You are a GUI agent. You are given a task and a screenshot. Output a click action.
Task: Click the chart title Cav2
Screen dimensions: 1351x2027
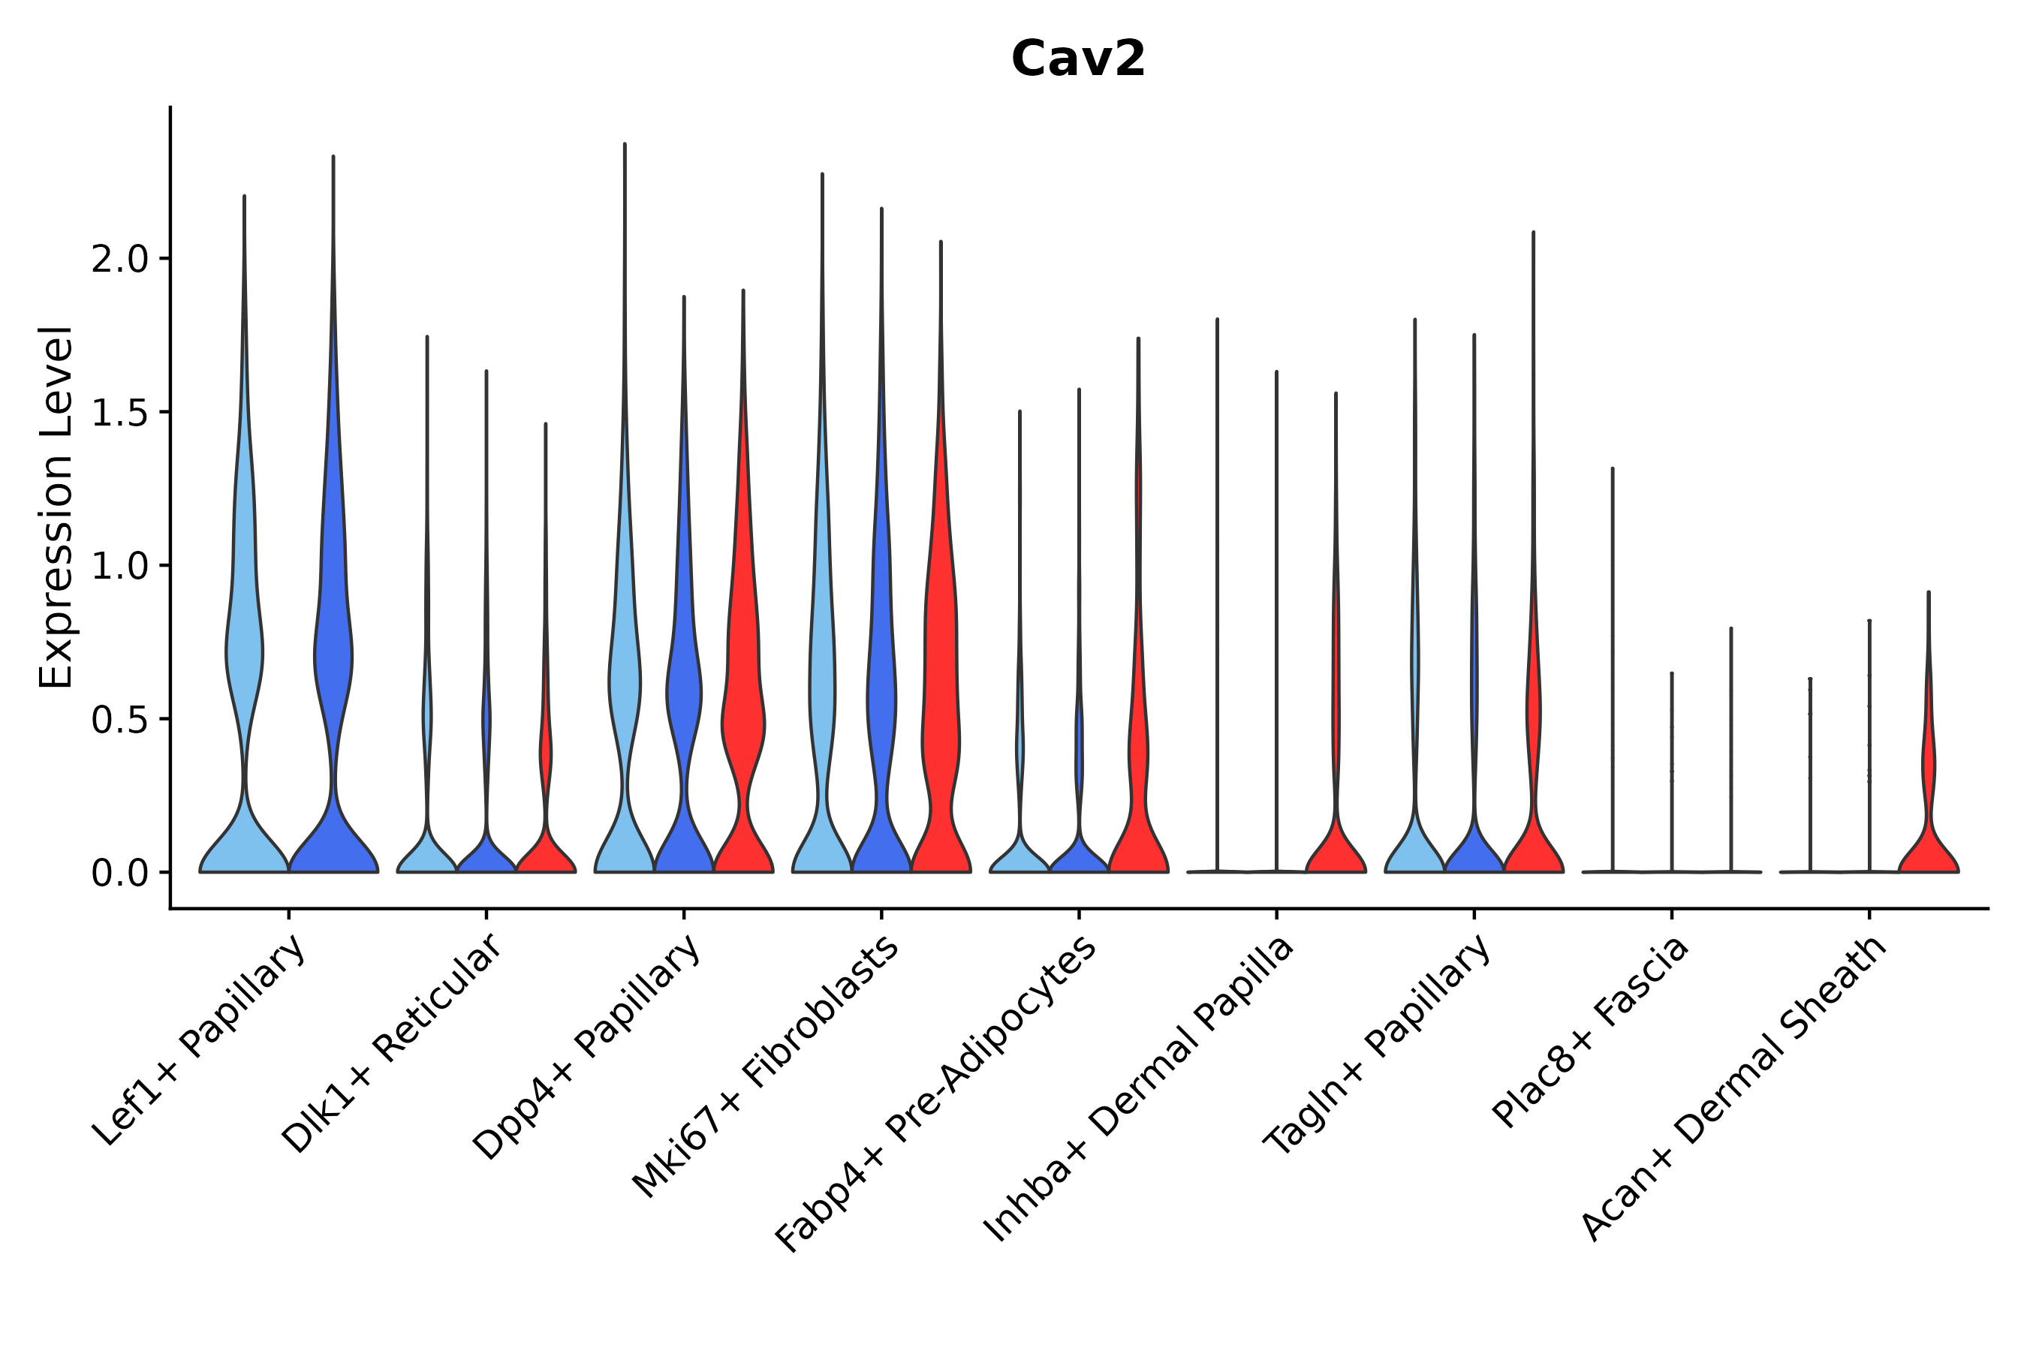tap(1077, 59)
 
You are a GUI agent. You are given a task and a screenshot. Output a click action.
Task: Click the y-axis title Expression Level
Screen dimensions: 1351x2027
tap(56, 507)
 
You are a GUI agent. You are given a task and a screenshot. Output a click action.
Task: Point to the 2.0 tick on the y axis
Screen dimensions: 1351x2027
tap(120, 260)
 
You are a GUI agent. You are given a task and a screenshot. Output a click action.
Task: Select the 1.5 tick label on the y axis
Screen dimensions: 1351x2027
tap(120, 413)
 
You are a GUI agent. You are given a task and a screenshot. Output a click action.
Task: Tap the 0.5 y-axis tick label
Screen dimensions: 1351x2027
tap(120, 720)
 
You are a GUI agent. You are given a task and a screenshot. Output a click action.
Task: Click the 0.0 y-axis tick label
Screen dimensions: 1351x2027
tap(120, 874)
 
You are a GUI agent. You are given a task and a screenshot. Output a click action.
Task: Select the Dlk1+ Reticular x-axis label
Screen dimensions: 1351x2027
tap(392, 1043)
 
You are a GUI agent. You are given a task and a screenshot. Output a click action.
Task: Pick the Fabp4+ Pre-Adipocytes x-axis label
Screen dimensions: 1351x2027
tap(937, 1094)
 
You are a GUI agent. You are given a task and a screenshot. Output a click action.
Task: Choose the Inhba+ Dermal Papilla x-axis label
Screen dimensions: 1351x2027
tap(1140, 1089)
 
